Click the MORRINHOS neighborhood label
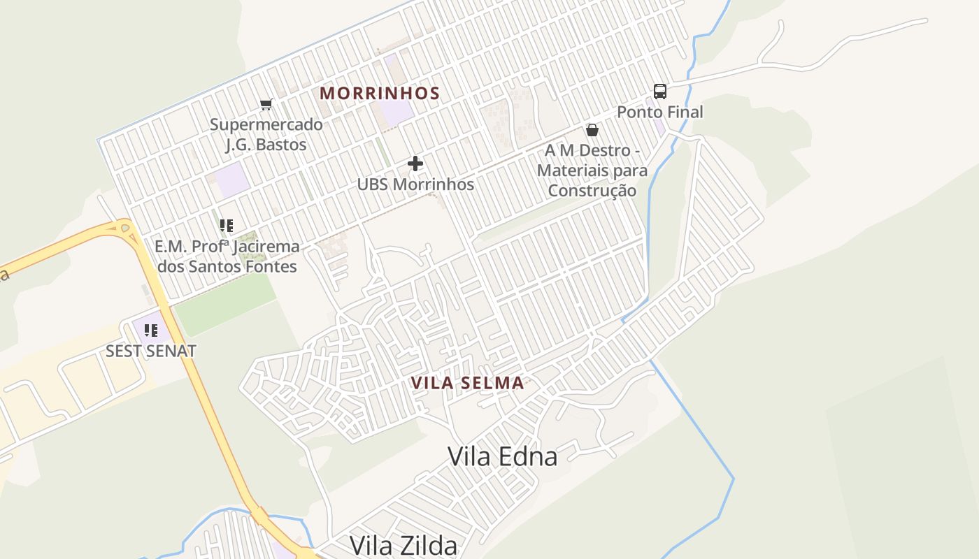380,93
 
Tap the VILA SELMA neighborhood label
467,383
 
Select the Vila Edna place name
502,456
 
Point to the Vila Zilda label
403,545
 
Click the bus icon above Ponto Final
659,92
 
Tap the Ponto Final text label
659,112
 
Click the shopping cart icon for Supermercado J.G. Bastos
266,105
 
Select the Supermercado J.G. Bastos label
266,134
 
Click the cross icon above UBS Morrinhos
415,164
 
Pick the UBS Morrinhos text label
415,184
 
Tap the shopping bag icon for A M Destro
592,130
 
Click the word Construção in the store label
592,191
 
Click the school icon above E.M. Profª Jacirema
227,226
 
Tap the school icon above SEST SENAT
151,331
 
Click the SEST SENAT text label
151,351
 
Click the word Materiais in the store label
571,170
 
